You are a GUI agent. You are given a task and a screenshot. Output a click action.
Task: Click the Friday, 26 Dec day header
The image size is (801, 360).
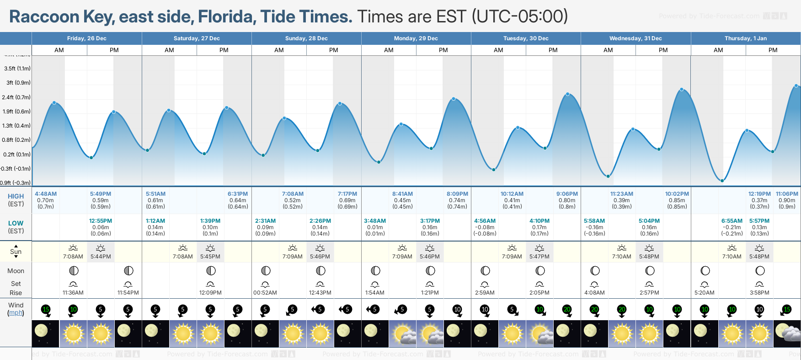coord(86,38)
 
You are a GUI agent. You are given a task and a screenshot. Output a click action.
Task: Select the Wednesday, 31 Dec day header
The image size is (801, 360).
coord(635,38)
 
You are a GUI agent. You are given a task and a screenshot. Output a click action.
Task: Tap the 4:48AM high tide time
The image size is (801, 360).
coord(46,194)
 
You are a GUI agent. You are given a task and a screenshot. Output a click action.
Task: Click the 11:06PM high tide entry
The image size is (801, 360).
coord(787,194)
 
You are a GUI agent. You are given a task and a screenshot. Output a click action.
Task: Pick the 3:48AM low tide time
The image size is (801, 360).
coord(375,221)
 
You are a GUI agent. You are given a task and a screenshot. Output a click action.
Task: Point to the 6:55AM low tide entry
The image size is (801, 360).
coord(732,221)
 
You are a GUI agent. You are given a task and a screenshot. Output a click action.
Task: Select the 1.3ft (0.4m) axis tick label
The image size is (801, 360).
coord(16,126)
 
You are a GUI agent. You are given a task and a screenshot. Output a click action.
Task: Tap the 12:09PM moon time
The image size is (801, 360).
coord(210,293)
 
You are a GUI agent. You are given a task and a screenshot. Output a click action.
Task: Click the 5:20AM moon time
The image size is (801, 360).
coord(705,293)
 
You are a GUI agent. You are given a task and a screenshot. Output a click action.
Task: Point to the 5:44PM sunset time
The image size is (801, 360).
coord(101,257)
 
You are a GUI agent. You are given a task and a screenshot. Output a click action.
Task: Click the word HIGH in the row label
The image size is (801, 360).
coord(16,196)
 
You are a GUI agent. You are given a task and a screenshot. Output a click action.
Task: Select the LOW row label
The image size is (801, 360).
coord(16,223)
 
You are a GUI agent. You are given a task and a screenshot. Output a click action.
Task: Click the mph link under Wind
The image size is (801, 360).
coord(16,313)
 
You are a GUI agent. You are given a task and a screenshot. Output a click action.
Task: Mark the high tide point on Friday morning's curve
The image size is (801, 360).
coord(54,103)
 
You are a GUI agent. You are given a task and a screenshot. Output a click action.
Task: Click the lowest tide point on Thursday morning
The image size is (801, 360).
coord(722,181)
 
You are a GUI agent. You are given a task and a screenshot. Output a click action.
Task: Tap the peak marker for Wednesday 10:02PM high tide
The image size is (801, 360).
coord(682,90)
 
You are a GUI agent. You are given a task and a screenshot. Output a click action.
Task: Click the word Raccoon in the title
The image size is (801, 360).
coord(44,17)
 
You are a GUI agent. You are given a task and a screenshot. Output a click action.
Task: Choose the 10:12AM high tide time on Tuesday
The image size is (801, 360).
coord(512,194)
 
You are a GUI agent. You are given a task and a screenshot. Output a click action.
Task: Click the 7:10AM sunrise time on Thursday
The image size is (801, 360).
coord(732,257)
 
